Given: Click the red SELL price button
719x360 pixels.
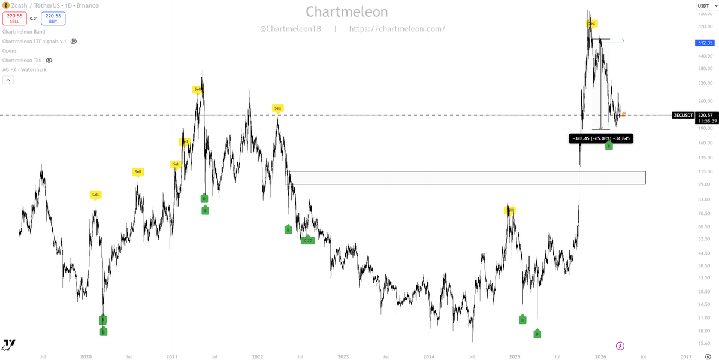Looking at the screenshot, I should pos(14,19).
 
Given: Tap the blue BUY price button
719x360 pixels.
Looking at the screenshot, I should pos(53,19).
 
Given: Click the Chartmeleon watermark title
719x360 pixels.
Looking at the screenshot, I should pos(347,11).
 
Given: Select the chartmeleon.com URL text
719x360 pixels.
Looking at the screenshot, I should pos(396,29).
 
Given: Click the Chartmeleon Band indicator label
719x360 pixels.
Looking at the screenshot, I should pos(23,32).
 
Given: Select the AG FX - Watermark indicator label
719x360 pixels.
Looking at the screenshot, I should pos(25,70).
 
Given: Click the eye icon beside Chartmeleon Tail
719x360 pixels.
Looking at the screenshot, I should pos(49,60).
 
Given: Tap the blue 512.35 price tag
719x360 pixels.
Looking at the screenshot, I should pos(705,43).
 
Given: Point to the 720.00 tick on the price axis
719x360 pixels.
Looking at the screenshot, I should pos(705,13).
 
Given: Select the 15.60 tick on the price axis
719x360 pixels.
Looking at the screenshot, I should pos(705,343).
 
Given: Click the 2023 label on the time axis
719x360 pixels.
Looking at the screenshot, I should pos(343,356).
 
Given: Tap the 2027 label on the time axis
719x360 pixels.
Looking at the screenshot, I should pos(686,356).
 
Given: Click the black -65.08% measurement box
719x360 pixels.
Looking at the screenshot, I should pos(600,138).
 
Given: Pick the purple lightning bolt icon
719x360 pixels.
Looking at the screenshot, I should pos(620,346).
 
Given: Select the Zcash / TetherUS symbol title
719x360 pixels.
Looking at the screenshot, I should pos(35,5).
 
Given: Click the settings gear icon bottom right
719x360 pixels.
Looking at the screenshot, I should pos(708,356).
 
